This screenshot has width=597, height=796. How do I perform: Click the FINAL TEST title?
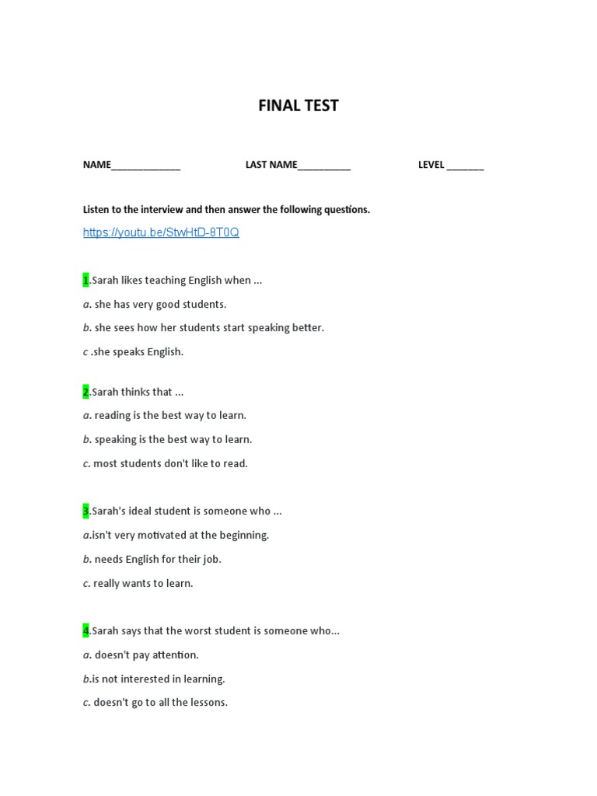click(298, 106)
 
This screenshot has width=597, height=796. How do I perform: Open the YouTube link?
click(161, 232)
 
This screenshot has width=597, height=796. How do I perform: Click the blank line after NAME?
click(146, 166)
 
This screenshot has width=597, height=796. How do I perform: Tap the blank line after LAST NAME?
click(324, 166)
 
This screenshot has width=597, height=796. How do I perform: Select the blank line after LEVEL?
click(465, 166)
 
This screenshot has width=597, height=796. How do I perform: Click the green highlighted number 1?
click(86, 280)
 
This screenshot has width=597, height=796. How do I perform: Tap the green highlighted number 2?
click(86, 392)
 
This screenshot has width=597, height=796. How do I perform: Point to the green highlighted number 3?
click(86, 511)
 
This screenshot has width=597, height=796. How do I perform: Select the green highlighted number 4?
click(86, 630)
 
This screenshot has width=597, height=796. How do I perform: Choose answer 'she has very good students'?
click(159, 304)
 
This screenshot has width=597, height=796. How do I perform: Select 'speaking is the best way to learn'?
click(173, 439)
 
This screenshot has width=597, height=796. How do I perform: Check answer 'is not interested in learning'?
click(158, 679)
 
